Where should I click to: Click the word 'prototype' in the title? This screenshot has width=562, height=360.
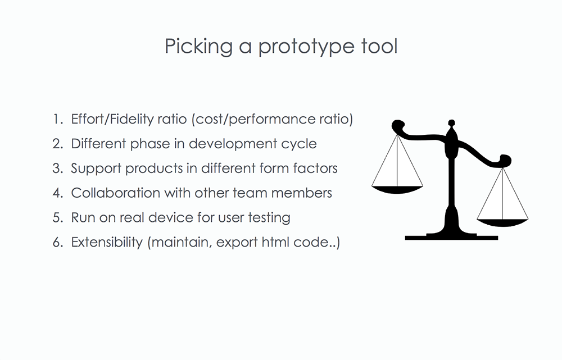click(307, 47)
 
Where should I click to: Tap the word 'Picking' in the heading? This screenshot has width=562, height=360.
click(198, 47)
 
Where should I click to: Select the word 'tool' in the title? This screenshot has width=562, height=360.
click(379, 46)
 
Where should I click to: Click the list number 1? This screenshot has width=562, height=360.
click(58, 119)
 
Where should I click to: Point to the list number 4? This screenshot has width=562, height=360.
click(58, 193)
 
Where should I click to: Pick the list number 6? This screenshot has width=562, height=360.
click(58, 242)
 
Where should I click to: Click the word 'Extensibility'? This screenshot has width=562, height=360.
click(107, 243)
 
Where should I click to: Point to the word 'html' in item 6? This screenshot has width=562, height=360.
click(275, 242)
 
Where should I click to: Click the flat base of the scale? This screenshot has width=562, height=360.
click(451, 237)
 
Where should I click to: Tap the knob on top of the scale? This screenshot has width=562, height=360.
click(452, 123)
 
